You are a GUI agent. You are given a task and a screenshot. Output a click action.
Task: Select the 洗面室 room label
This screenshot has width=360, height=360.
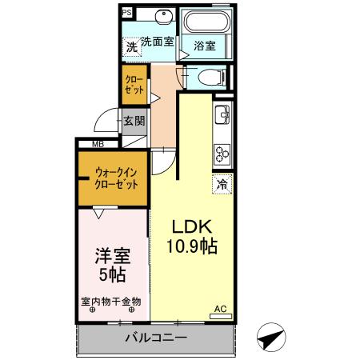click(x=158, y=42)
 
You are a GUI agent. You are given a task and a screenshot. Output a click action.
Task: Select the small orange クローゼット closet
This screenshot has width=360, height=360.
click(x=134, y=86)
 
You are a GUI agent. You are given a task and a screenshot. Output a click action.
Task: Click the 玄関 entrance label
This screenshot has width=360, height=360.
click(x=134, y=122)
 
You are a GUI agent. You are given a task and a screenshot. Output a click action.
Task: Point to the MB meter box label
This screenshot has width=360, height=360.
click(x=98, y=144)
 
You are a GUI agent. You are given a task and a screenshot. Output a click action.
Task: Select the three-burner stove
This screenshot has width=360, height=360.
click(x=222, y=152)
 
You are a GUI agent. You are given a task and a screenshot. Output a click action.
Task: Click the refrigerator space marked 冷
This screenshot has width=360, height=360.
click(x=222, y=184)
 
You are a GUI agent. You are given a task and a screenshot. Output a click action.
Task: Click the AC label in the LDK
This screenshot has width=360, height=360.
click(x=219, y=308)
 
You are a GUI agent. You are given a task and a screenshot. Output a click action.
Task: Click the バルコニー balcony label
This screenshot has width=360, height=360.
click(x=155, y=338)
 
